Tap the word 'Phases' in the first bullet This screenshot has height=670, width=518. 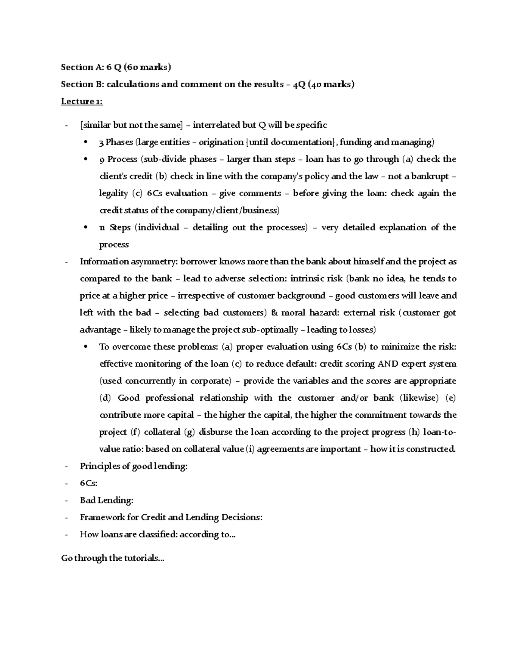pyautogui.click(x=120, y=142)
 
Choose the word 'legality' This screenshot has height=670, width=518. pyautogui.click(x=114, y=193)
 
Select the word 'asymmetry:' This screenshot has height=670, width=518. pyautogui.click(x=154, y=261)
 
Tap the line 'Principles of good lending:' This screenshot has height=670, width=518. pyautogui.click(x=134, y=466)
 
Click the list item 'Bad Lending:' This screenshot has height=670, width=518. pyautogui.click(x=107, y=500)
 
